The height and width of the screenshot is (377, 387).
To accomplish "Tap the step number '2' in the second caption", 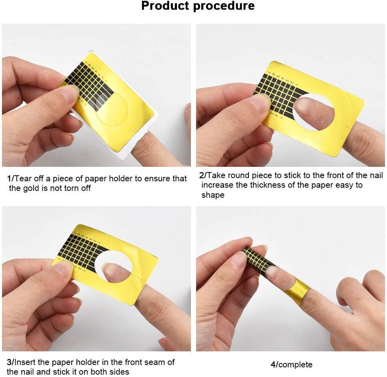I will point(202,175).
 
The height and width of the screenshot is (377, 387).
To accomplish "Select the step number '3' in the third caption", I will point(9,363).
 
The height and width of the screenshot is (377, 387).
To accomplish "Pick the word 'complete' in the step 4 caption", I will point(296,365).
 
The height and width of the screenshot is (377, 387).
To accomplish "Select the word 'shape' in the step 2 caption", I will point(213,195).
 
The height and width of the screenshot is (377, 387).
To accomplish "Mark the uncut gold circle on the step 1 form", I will point(112,109).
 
